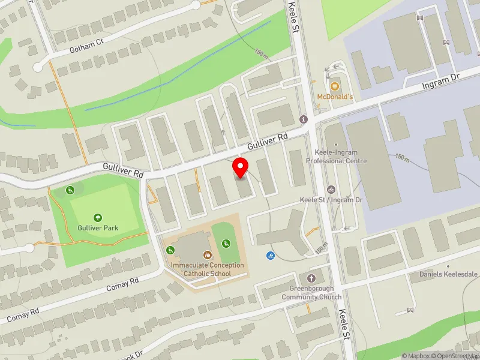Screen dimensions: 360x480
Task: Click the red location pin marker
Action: point(241,168)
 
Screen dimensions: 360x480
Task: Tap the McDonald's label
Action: point(335,97)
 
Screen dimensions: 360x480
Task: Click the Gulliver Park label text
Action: point(97,228)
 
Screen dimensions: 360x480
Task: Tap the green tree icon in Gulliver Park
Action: point(97,217)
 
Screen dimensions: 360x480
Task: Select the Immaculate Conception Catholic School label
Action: point(207,269)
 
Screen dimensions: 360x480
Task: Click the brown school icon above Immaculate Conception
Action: point(208,255)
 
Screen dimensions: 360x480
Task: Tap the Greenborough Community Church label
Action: point(311,293)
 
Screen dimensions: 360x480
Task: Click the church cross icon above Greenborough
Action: point(311,278)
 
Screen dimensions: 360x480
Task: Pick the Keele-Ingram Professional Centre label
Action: point(336,157)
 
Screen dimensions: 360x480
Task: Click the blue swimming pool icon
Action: point(270,256)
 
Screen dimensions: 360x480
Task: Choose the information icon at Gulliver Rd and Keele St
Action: point(304,119)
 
